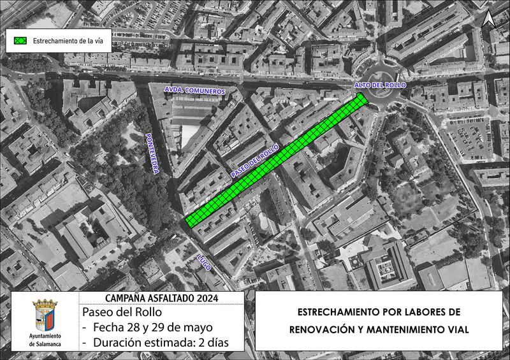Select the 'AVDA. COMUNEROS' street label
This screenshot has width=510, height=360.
195,91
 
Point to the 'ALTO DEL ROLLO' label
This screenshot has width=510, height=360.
380,85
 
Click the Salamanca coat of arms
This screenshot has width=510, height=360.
45,315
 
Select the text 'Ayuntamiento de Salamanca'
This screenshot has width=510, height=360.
45,340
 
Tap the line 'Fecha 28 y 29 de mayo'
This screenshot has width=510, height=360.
156,328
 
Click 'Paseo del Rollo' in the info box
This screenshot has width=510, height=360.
122,312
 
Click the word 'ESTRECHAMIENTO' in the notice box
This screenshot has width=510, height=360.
339,312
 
